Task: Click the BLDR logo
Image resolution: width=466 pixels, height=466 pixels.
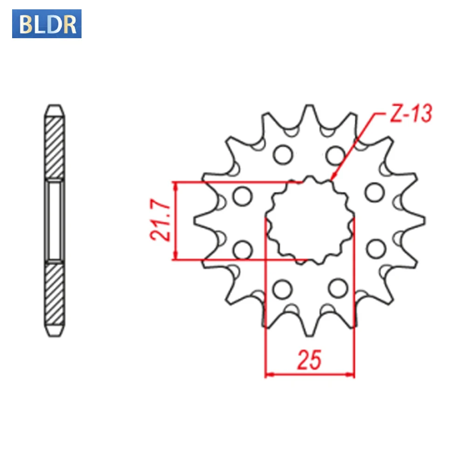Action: pos(47,24)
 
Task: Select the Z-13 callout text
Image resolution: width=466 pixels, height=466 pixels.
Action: pos(404,114)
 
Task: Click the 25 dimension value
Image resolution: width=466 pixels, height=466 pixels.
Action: pos(309,360)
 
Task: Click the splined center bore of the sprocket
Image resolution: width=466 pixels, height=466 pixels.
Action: pos(309,220)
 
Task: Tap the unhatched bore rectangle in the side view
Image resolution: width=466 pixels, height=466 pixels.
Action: pos(55,220)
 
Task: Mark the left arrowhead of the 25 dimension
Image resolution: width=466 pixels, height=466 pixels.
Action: pos(267,374)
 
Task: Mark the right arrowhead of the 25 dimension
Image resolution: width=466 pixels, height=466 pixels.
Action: pos(352,374)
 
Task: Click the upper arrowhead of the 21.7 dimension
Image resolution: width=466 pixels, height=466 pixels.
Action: pos(175,185)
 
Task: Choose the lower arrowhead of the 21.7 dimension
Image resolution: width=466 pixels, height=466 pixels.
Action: pos(175,257)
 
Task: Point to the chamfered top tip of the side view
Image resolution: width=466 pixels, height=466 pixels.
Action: pos(55,108)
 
